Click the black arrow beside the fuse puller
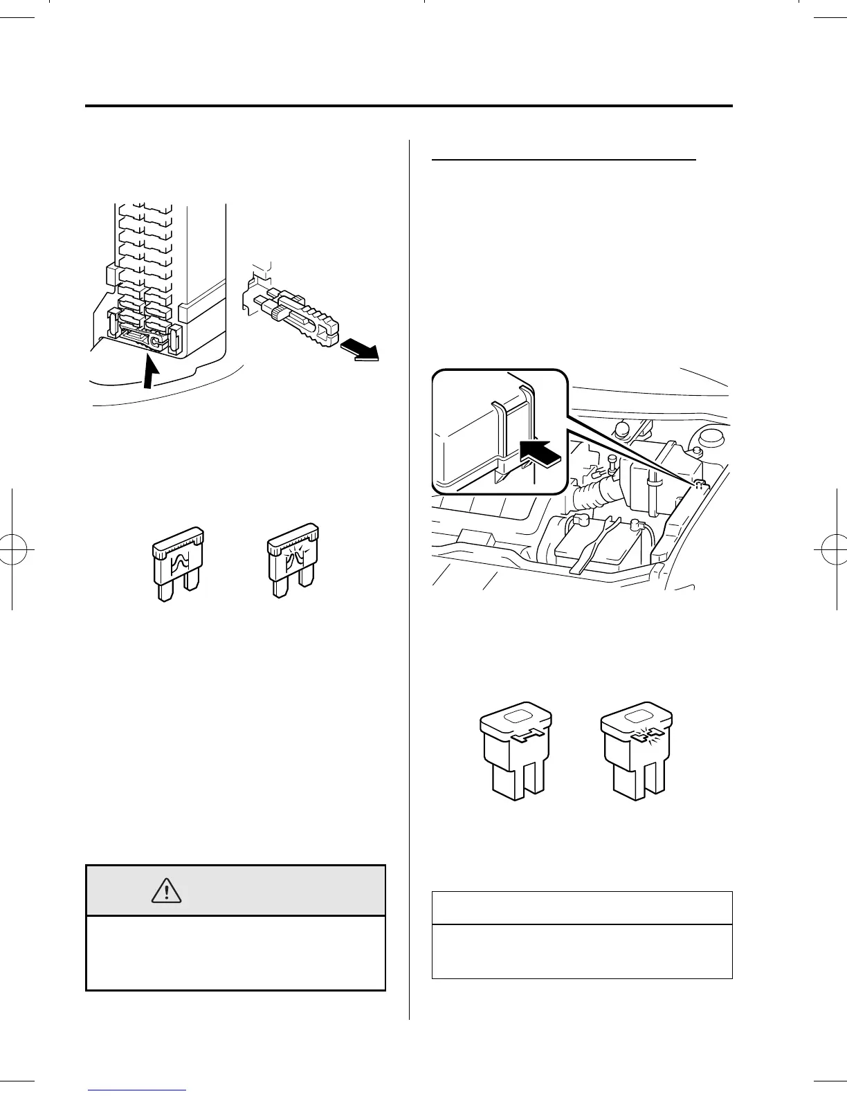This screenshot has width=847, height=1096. coord(361,350)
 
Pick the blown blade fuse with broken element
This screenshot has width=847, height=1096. coord(293,560)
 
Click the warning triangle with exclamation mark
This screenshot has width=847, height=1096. coord(166,890)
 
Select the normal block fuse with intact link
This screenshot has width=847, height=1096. coord(516,751)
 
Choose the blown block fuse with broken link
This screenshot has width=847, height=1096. coord(636,751)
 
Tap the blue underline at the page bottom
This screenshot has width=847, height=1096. coord(137,1091)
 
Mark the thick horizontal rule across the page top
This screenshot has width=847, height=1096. coord(408,107)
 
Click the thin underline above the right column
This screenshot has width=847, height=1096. coord(563,159)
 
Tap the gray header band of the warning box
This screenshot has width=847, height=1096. coord(235,890)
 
